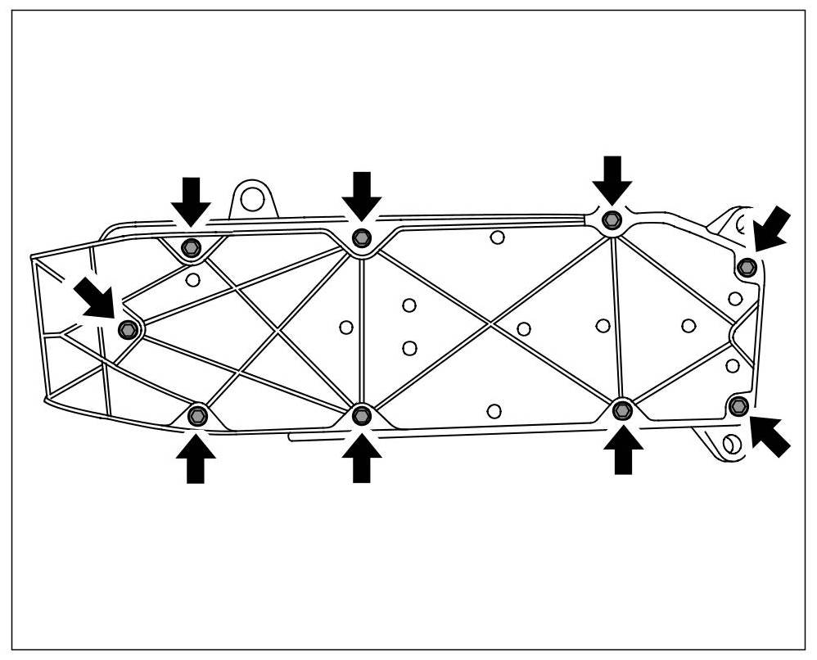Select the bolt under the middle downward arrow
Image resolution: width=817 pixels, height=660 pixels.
(x=361, y=237)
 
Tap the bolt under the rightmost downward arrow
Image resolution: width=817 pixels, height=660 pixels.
(x=612, y=219)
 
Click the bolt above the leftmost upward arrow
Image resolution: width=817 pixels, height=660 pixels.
(x=196, y=416)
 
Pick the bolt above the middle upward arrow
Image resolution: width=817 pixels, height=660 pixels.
(x=361, y=416)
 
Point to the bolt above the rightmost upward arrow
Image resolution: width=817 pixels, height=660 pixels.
(x=622, y=409)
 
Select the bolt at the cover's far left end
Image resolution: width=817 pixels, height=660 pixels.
(x=128, y=329)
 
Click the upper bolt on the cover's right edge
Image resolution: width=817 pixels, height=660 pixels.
(x=747, y=267)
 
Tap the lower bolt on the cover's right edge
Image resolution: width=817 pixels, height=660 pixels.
(x=738, y=404)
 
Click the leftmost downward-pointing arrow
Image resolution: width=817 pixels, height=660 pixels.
(x=191, y=200)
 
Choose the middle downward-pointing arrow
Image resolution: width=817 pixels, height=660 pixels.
(x=361, y=195)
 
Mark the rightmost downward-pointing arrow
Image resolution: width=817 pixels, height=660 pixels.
(x=612, y=179)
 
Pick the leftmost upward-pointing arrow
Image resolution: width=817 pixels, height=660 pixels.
(x=196, y=459)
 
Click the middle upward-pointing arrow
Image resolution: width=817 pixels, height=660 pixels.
(x=361, y=457)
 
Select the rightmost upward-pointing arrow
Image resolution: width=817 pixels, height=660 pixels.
(x=623, y=450)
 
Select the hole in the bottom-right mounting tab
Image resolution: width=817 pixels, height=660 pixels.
(x=731, y=443)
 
